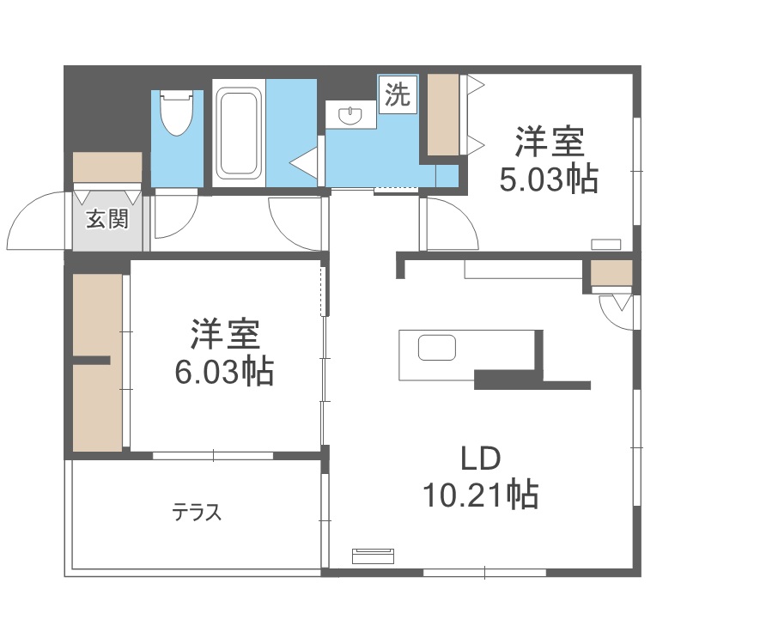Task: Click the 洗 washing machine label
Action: pos(396,94)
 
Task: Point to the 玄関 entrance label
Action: pos(107,221)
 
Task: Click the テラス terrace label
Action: pos(197,513)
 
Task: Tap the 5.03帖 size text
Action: pos(549,179)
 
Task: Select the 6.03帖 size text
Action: pos(223,372)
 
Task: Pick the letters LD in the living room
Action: pos(480,459)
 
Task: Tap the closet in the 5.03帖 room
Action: pos(443,114)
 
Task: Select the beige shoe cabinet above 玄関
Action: pos(107,167)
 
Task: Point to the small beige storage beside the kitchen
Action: pos(611,273)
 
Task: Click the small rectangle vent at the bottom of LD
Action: pos(374,554)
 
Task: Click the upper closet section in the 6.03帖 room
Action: pos(96,313)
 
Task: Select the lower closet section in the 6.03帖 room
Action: pos(96,408)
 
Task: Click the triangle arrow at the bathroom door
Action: pos(304,160)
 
